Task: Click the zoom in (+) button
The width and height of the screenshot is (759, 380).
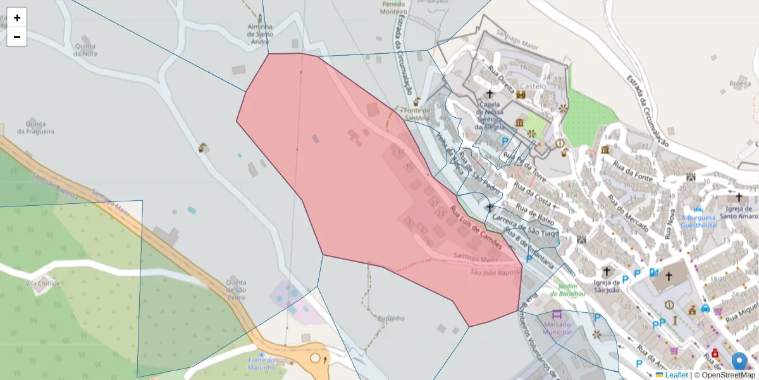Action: [17, 18]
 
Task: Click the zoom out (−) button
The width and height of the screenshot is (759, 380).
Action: [17, 37]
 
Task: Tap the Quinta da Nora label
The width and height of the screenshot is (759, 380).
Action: [85, 50]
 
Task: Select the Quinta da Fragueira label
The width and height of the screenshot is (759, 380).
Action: [35, 127]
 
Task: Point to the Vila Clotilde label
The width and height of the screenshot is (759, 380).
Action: [43, 283]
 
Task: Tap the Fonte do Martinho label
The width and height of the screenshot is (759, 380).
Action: [262, 364]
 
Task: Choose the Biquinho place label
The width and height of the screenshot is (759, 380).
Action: [390, 318]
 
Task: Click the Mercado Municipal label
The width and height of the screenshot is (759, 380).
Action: [557, 327]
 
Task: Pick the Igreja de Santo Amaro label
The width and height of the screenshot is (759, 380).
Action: [737, 212]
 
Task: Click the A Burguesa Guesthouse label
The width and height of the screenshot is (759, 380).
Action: [698, 221]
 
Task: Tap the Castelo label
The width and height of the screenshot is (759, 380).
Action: [533, 86]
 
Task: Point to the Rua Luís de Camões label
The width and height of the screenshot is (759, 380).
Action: [476, 226]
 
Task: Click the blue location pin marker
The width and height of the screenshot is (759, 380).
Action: [739, 361]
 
